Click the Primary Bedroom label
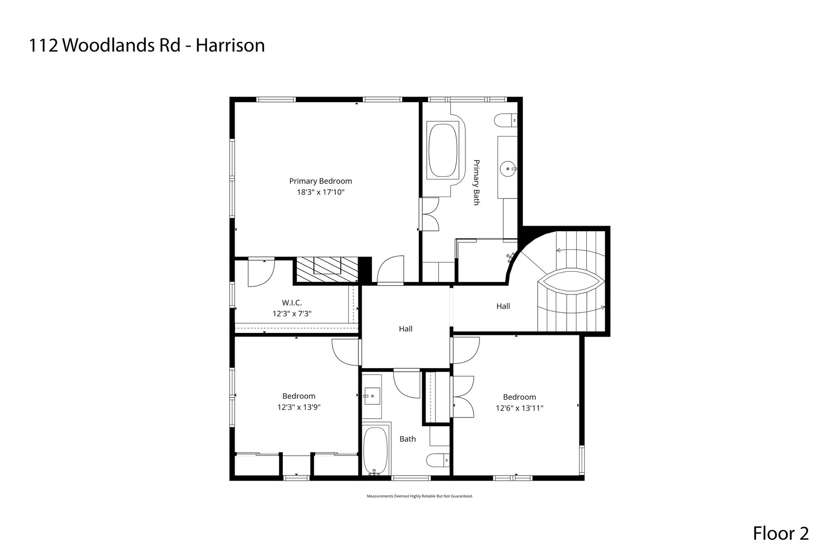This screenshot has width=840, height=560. (320, 181)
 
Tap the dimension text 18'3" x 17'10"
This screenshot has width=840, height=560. (320, 192)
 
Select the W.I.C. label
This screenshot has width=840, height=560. (292, 302)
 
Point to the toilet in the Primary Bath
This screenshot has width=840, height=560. (506, 120)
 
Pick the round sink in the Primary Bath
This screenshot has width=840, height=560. (507, 168)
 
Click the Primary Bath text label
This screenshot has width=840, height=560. (475, 183)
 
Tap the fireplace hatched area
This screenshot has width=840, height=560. (326, 269)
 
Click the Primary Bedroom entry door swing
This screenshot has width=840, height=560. (391, 269)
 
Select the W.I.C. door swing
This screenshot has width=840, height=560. (262, 273)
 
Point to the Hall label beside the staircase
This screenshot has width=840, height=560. (503, 306)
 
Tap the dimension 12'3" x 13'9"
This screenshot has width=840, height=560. (298, 408)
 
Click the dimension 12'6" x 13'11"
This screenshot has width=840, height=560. (519, 409)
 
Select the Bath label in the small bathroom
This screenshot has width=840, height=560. (407, 439)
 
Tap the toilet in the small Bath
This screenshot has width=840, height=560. (438, 460)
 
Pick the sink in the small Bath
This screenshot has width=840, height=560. (372, 396)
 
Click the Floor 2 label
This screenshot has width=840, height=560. (780, 534)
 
